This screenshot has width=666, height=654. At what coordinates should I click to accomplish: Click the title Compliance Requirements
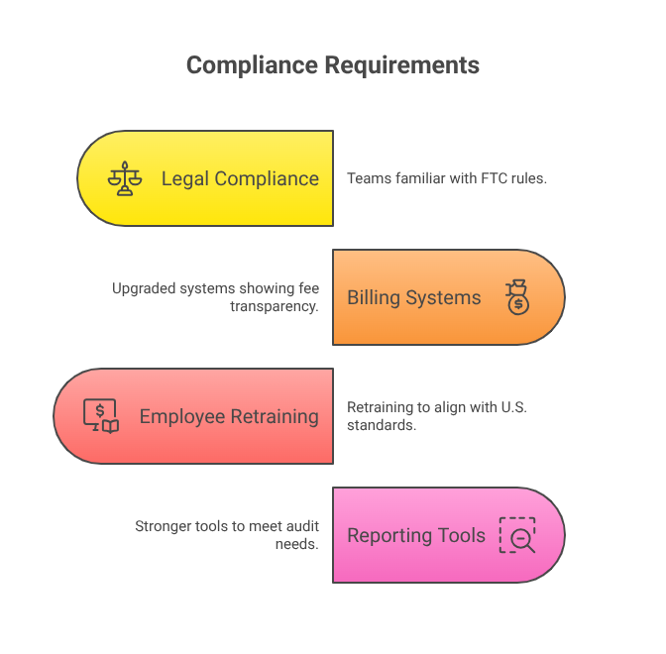(x=333, y=65)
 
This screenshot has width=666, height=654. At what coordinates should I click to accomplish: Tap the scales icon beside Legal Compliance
(x=125, y=178)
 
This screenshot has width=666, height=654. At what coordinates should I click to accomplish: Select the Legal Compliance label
(x=240, y=178)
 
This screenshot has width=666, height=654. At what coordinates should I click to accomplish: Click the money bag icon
(x=516, y=297)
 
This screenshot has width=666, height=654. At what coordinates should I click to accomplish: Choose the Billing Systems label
(x=414, y=297)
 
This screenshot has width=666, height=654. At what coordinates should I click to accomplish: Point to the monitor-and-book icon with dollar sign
(x=101, y=416)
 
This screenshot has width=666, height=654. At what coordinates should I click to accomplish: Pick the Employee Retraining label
(x=229, y=416)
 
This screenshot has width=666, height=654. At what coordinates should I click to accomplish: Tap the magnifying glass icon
(x=517, y=535)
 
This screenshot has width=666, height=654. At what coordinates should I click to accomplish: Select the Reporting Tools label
(x=416, y=535)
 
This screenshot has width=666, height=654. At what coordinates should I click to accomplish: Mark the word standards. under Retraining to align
(x=380, y=425)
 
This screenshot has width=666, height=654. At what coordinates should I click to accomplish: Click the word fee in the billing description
(x=308, y=288)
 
